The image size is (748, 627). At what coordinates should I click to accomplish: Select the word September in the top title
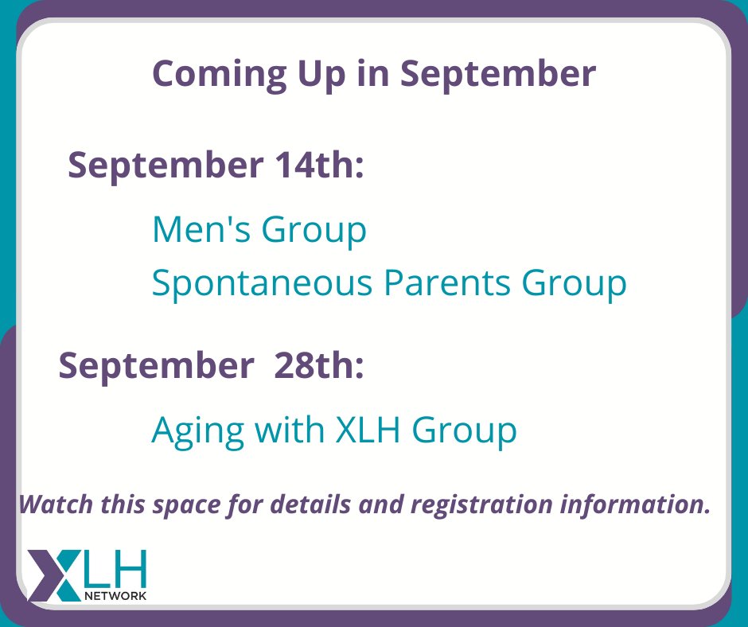click(498, 74)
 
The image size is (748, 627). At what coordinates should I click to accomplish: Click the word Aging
click(197, 430)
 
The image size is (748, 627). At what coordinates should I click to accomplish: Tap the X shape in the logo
click(50, 573)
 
